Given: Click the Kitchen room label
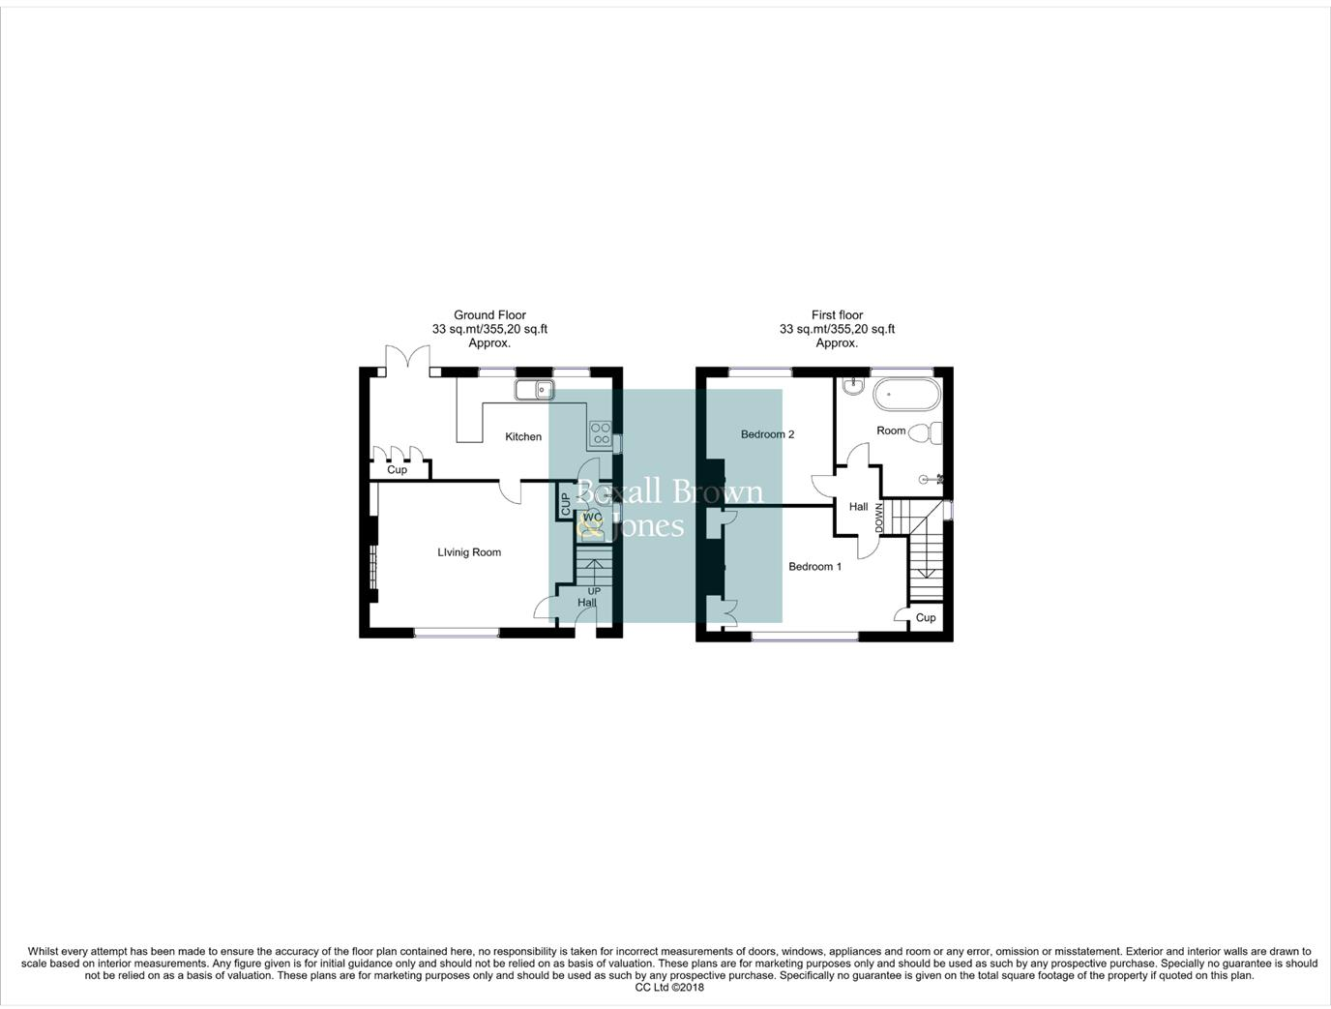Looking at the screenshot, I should tap(523, 437).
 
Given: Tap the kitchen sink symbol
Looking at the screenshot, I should tap(533, 390).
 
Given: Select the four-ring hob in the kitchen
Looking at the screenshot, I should tap(600, 433).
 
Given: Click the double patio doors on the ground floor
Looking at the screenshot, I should tap(407, 362).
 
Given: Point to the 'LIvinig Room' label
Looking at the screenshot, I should tap(469, 553).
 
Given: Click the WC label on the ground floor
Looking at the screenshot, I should tap(592, 518).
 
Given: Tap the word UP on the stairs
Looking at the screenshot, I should tap(594, 591).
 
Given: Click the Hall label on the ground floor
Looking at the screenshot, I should tap(587, 603).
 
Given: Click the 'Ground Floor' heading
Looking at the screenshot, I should tap(489, 315).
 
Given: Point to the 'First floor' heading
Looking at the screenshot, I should tap(837, 315).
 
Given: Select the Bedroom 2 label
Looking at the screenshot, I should tap(767, 434).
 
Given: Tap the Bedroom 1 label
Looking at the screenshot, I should tap(814, 567).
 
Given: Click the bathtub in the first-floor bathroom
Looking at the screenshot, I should tap(906, 395).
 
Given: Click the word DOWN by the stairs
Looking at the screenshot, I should tap(879, 518).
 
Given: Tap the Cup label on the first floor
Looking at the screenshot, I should tap(926, 618).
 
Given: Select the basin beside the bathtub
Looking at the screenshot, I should tap(852, 387).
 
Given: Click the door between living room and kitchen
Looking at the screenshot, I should tap(511, 491).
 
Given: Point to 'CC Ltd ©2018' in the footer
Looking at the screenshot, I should tap(669, 988).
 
